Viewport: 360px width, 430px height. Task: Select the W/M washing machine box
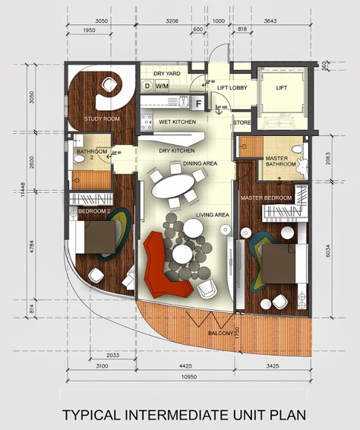(x=163, y=87)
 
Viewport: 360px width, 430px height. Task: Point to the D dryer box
(x=147, y=87)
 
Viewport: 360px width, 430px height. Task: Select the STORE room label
(x=242, y=122)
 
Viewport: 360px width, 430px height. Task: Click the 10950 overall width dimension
(x=188, y=378)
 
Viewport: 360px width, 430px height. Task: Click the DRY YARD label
(x=166, y=74)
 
